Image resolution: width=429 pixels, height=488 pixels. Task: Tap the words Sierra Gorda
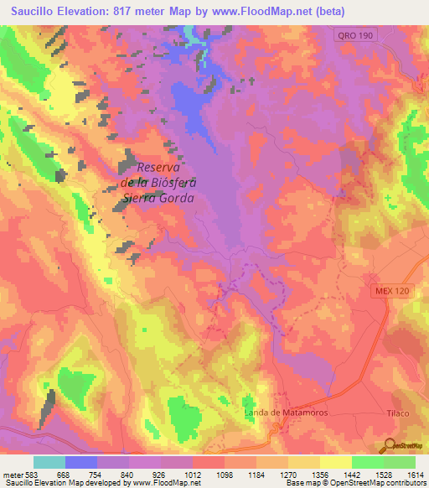pyautogui.click(x=158, y=198)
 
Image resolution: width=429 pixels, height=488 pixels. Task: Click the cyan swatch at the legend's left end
pyautogui.click(x=49, y=462)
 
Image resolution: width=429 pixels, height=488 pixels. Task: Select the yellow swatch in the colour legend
pyautogui.click(x=335, y=462)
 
